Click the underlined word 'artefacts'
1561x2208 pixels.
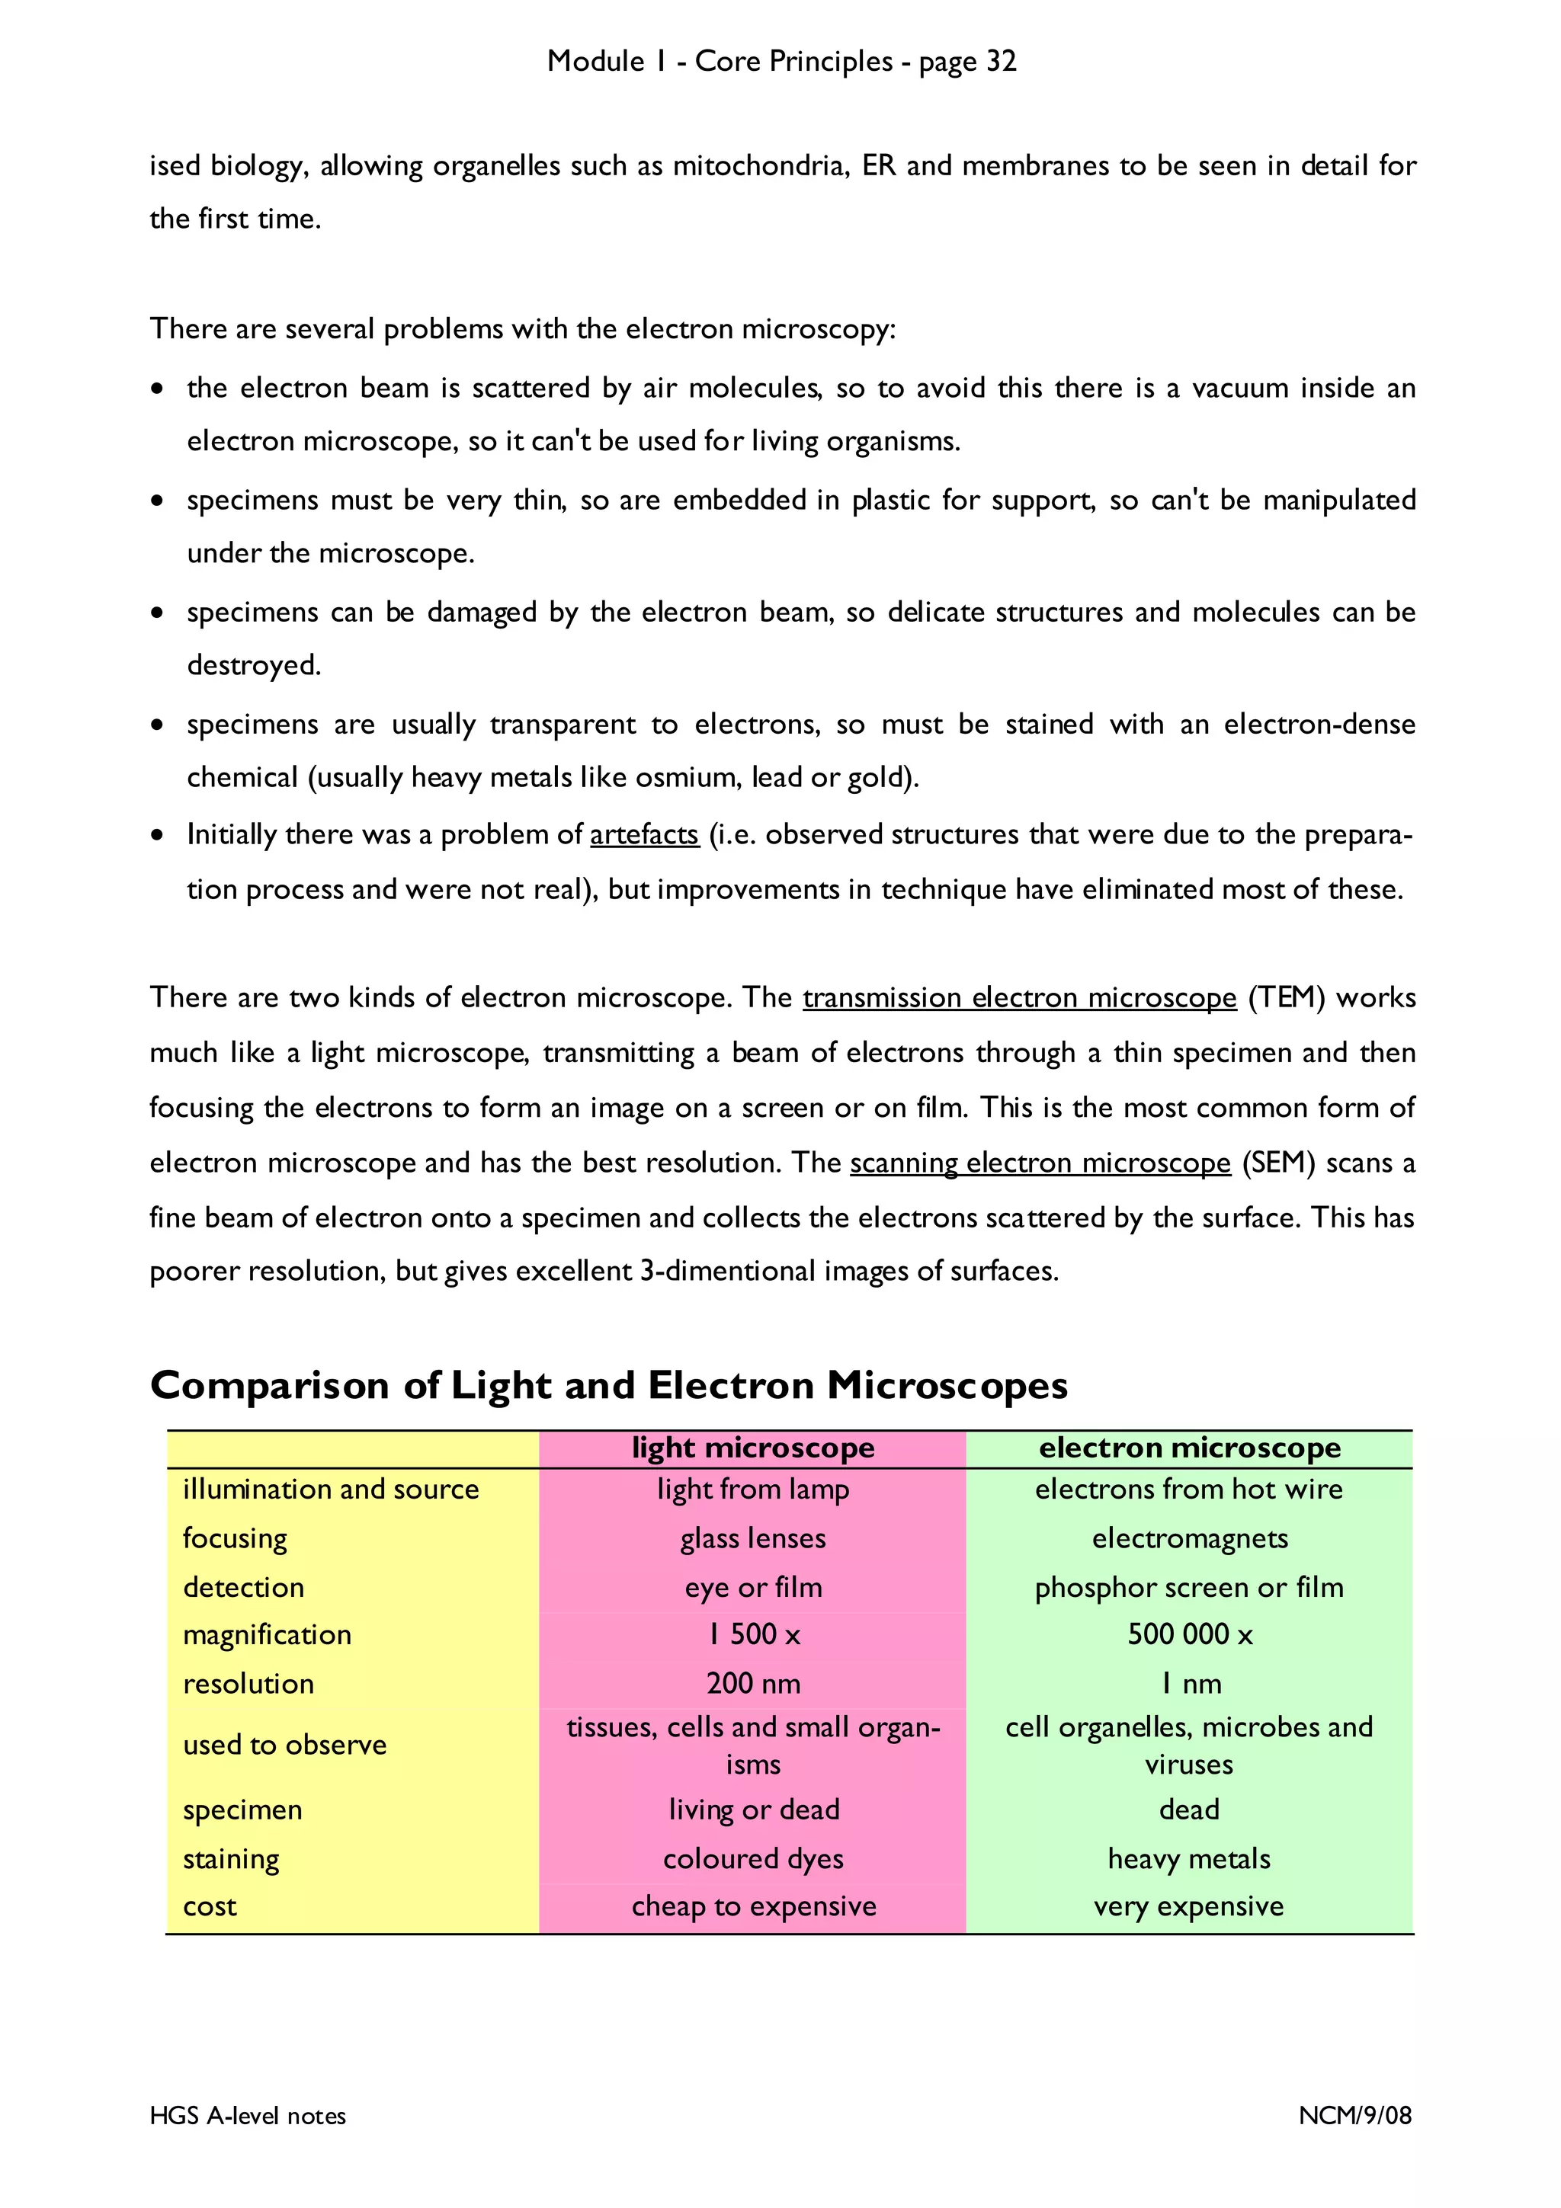pyautogui.click(x=643, y=834)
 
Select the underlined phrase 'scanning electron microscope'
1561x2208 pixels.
pyautogui.click(x=1040, y=1163)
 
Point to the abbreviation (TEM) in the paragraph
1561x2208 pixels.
pyautogui.click(x=1286, y=997)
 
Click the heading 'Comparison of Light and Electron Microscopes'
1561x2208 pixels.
pyautogui.click(x=609, y=1385)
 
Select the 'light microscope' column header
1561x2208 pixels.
pyautogui.click(x=752, y=1448)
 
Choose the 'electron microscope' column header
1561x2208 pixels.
pyautogui.click(x=1189, y=1448)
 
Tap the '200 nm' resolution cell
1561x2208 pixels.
pyautogui.click(x=752, y=1683)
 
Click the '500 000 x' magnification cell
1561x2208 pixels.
pyautogui.click(x=1189, y=1634)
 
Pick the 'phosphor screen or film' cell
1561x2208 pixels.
pyautogui.click(x=1189, y=1587)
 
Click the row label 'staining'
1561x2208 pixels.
pyautogui.click(x=231, y=1859)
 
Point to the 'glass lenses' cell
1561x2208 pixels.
pyautogui.click(x=752, y=1538)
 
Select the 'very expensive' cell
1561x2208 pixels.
pyautogui.click(x=1189, y=1906)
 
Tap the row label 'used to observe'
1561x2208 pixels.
pyautogui.click(x=285, y=1745)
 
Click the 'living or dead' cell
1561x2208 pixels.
pyautogui.click(x=752, y=1809)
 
